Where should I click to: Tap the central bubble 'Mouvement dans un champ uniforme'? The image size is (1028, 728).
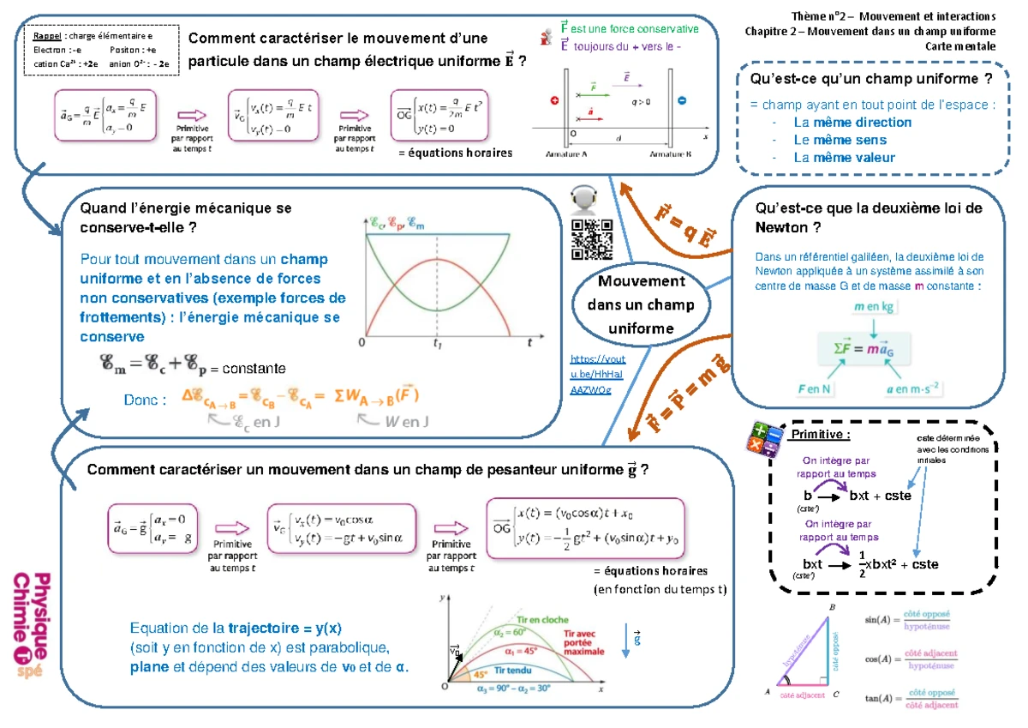point(630,305)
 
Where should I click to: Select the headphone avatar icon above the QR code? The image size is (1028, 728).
point(583,199)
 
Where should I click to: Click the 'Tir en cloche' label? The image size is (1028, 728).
point(537,618)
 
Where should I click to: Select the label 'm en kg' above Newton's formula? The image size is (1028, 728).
point(875,306)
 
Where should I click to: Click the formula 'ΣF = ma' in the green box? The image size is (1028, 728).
point(873,346)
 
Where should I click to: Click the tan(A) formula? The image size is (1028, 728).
point(908,698)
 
